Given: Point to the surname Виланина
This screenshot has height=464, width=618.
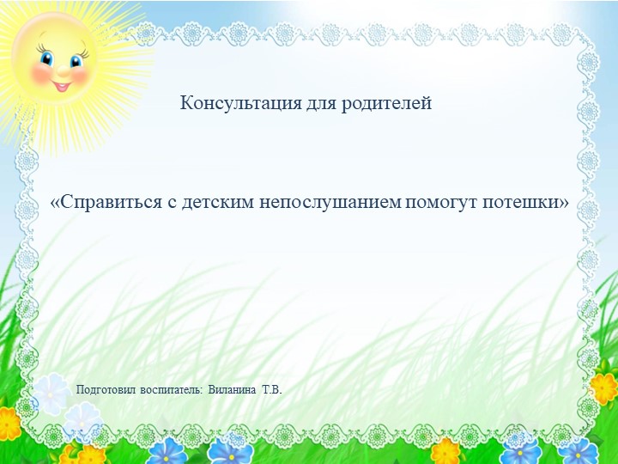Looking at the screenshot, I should click(232, 390).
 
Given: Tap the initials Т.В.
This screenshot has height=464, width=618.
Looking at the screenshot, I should click(272, 390).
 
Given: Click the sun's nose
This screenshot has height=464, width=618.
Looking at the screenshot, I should click(60, 71).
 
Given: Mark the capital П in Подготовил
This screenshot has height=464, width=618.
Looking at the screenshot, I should click(81, 390).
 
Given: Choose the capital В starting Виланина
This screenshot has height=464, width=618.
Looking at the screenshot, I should click(212, 390).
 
